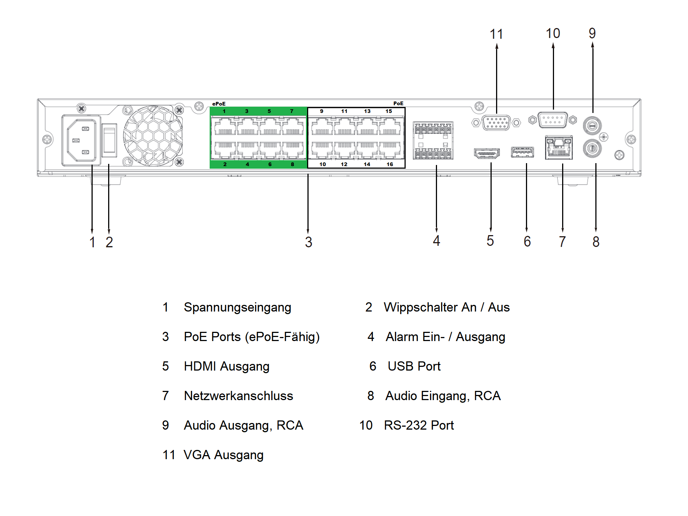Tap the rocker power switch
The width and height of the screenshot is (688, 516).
click(109, 140)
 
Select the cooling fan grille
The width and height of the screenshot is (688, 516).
click(153, 135)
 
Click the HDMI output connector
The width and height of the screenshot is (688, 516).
click(486, 153)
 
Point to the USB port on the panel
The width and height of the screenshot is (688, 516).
click(522, 152)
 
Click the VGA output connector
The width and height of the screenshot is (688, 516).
click(496, 123)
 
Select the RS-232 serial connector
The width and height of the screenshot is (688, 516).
click(553, 120)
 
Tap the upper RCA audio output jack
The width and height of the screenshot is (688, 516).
click(592, 125)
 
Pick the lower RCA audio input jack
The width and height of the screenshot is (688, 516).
click(592, 148)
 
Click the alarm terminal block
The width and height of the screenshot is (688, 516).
click(433, 141)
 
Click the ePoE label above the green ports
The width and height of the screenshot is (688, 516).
click(219, 104)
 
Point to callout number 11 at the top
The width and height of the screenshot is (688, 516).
click(496, 34)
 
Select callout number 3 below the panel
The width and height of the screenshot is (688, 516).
click(309, 242)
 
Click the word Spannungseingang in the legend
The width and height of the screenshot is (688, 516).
click(237, 307)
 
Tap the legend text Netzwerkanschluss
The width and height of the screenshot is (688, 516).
click(238, 396)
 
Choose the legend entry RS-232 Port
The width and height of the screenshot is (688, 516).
click(419, 426)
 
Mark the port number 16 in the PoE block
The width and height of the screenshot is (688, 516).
click(390, 164)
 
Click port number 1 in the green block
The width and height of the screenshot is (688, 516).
click(224, 111)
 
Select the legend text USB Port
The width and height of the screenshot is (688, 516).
click(414, 367)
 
